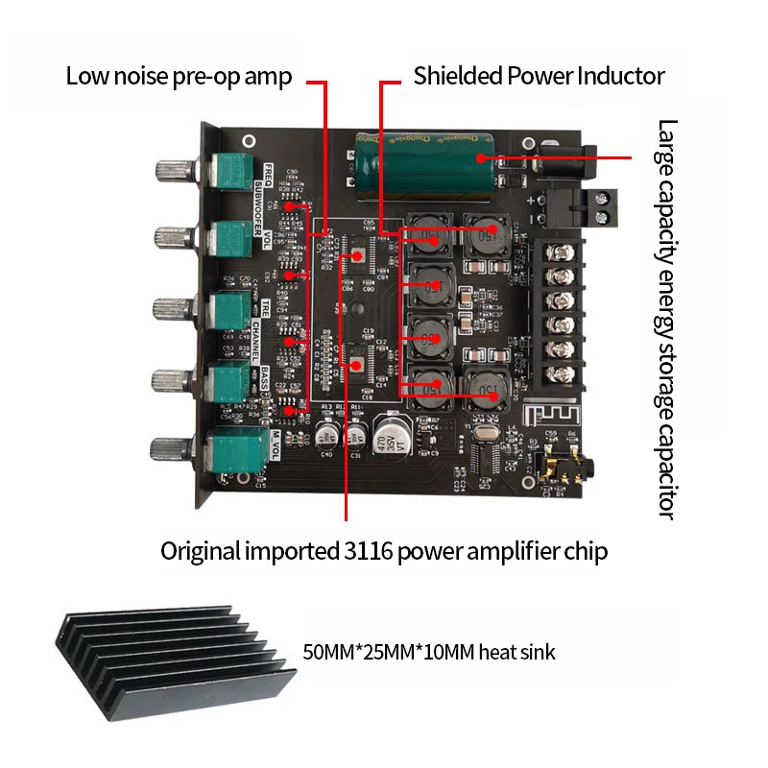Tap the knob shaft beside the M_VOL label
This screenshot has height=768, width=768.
click(173, 447)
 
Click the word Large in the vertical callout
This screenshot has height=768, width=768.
click(668, 144)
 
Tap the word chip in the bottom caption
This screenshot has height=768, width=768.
click(585, 551)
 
